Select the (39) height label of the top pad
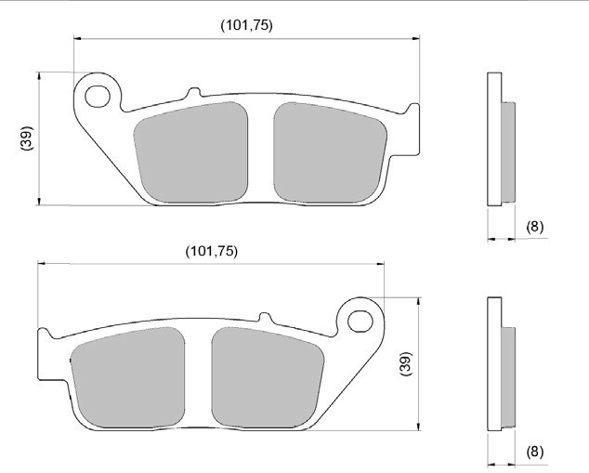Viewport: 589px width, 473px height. (x=26, y=139)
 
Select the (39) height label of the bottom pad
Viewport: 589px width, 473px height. (x=404, y=363)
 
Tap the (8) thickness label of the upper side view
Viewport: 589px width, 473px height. (x=534, y=227)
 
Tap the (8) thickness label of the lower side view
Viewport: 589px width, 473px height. (x=534, y=452)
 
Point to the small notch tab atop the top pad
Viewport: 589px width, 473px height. (x=193, y=93)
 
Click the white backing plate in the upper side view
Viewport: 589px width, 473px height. (x=494, y=139)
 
